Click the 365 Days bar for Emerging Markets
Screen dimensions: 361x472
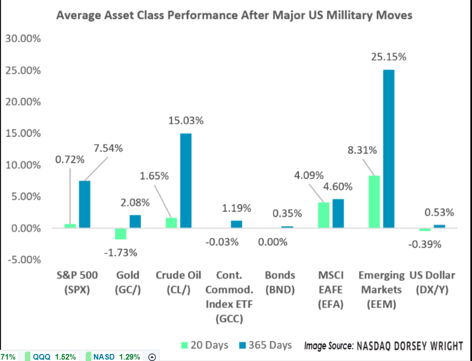[388, 149]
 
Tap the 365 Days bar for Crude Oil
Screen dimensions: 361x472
[185, 181]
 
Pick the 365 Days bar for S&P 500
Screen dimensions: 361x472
[84, 205]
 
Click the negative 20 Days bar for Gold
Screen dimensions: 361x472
[121, 234]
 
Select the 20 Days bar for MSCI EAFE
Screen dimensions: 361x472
[324, 215]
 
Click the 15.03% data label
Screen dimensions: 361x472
[186, 121]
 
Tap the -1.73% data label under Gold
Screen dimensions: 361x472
[121, 253]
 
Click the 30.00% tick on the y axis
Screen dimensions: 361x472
[23, 39]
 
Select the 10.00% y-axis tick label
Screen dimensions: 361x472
[23, 165]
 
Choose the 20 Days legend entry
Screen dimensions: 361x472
[205, 346]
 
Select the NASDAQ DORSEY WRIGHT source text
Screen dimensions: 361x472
[409, 346]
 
